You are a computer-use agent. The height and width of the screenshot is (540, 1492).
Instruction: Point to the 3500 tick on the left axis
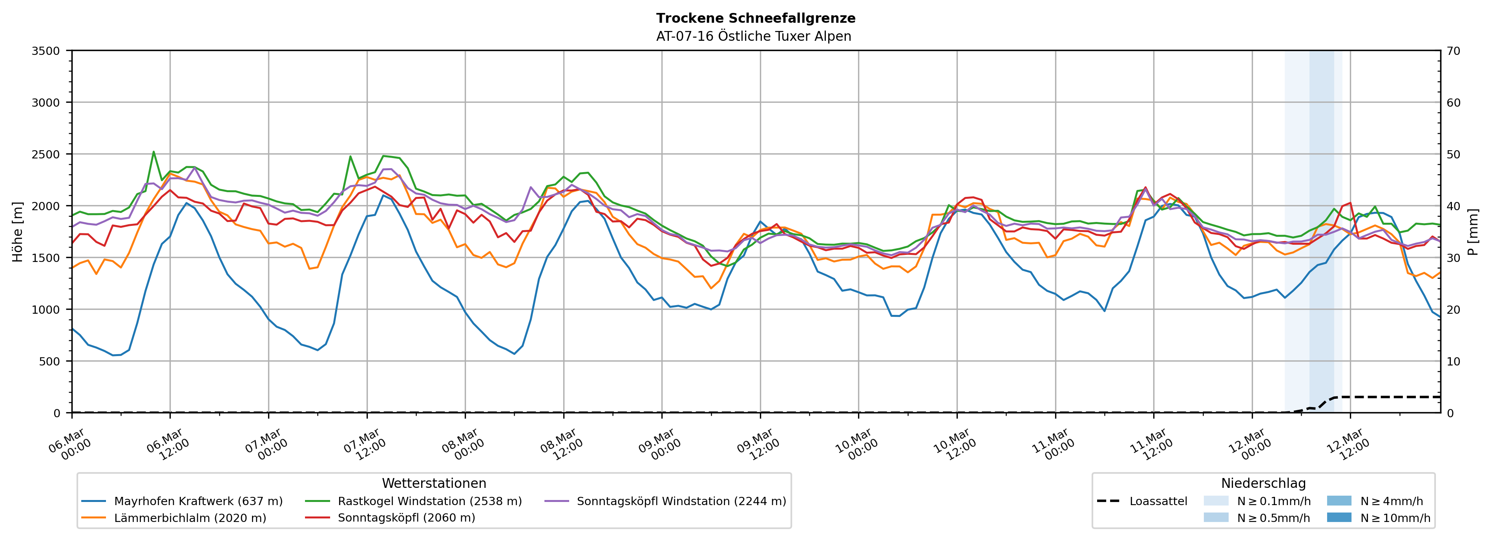coord(45,51)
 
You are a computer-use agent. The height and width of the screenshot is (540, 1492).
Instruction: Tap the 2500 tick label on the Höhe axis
coord(45,155)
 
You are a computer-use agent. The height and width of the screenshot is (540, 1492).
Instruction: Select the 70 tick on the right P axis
coord(1453,51)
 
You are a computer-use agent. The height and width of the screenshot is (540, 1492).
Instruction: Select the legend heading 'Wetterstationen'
coord(434,483)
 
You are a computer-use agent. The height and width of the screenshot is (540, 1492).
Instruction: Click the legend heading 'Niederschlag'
coord(1263,483)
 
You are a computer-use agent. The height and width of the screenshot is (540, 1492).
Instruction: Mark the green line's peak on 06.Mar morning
coord(153,152)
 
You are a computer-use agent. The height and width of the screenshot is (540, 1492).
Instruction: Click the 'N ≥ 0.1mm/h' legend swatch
coord(1216,501)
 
